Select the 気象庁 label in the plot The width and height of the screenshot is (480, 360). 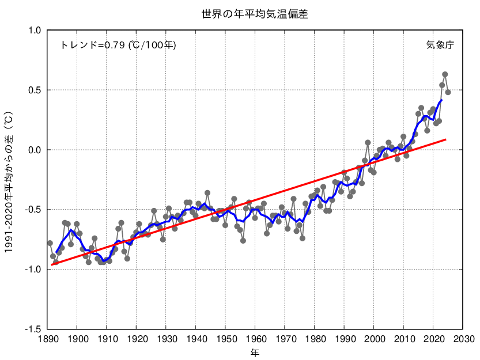point(440,45)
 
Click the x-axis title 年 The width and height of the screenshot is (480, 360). point(255,351)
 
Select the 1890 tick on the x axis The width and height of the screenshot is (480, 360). point(47,339)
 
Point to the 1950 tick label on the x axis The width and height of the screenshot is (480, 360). point(225,339)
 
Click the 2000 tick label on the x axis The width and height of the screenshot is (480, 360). point(374,339)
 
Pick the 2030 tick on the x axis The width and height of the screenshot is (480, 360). point(463,339)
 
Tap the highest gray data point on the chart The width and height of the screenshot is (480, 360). point(445,74)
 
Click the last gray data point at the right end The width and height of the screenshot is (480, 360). point(448,92)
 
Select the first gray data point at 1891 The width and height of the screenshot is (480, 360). point(50,243)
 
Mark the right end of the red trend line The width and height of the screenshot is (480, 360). point(446,139)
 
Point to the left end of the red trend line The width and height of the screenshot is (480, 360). point(51,264)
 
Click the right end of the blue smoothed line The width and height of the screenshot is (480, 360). point(441,100)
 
